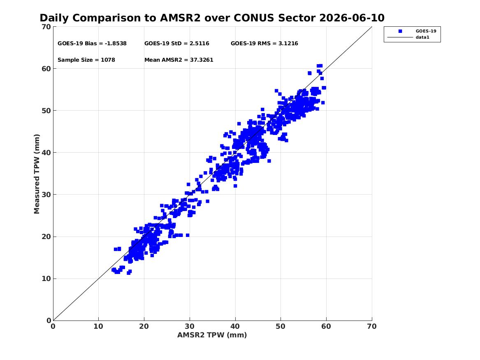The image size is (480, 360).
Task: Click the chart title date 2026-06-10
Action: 352,18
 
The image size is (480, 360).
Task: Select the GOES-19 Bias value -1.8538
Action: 116,44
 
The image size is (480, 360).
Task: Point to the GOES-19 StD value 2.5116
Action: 199,44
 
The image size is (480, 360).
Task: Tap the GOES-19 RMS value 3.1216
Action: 288,44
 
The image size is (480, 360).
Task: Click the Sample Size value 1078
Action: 108,60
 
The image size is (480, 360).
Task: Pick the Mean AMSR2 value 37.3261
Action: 202,60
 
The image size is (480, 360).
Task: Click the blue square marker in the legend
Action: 400,31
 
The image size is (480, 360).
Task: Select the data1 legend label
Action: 422,37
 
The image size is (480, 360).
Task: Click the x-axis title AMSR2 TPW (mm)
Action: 212,335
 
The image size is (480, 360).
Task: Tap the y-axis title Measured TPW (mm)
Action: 37,174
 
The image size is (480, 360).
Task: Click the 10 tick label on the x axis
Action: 99,326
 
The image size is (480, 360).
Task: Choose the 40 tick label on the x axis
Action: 235,326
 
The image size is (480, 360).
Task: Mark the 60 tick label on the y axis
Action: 46,69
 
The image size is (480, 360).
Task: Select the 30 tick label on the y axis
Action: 46,195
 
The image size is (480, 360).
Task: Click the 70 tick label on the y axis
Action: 46,27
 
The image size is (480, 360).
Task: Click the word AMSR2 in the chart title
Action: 180,18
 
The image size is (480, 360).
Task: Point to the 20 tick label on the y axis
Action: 46,237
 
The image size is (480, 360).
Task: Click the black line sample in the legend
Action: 400,37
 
